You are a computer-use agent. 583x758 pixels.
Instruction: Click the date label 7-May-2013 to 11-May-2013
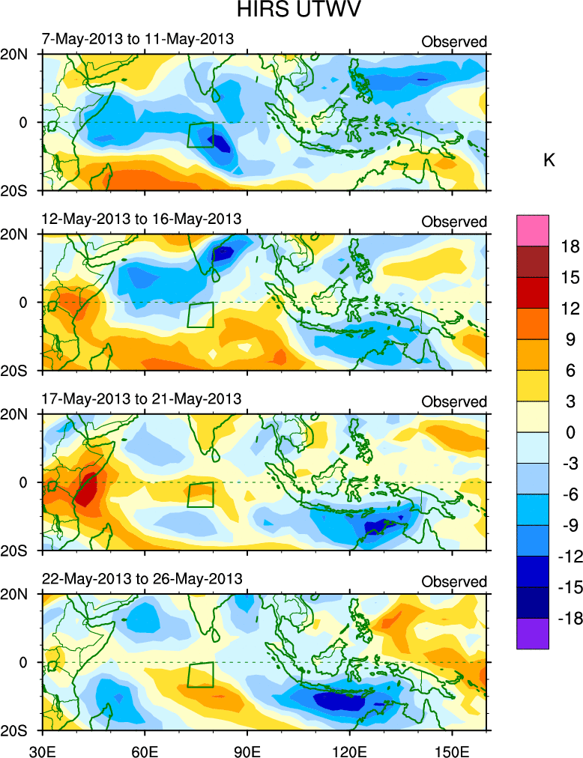tap(138, 39)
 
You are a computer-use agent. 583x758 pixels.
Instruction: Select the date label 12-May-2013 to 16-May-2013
tap(142, 219)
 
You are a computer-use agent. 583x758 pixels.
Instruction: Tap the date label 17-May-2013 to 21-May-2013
tap(142, 398)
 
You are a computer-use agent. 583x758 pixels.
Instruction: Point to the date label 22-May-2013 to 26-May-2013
tap(142, 579)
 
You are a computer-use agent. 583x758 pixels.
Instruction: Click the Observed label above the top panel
tap(454, 42)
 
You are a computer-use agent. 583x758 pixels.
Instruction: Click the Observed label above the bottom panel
tap(454, 582)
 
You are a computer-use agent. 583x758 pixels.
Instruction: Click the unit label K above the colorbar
tap(549, 160)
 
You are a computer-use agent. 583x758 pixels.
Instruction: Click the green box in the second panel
tap(200, 315)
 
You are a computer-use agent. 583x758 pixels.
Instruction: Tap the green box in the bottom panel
tap(200, 675)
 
